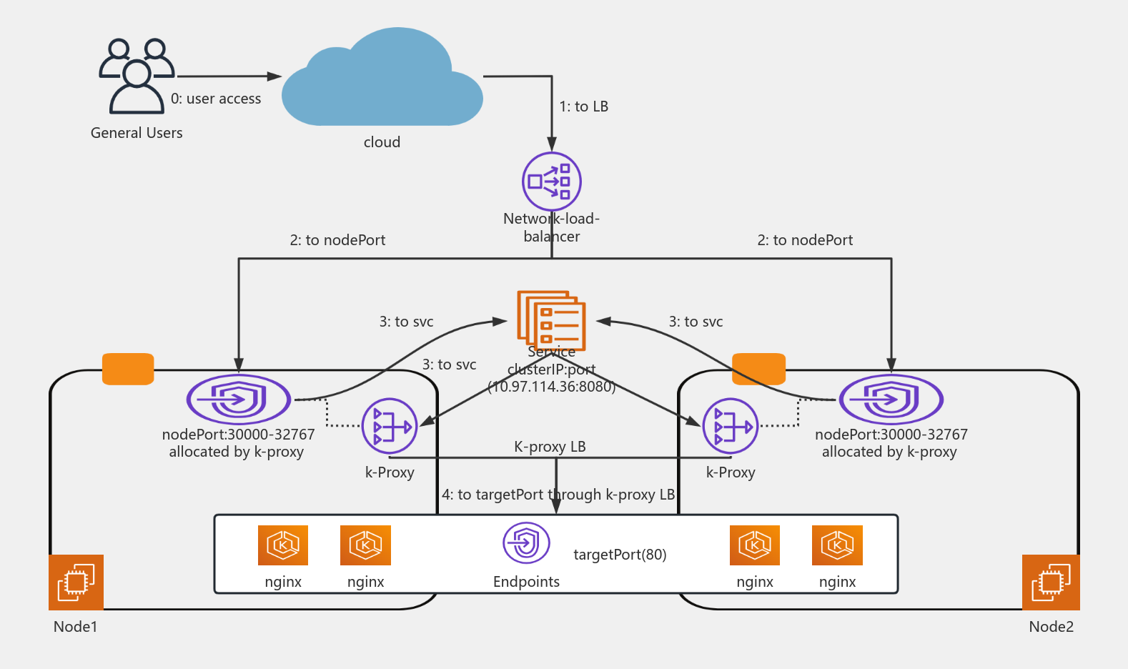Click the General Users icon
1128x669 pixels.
137,76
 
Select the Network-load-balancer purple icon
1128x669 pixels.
551,182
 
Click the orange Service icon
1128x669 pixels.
551,319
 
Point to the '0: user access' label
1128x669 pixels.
216,99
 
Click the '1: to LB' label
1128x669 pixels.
583,106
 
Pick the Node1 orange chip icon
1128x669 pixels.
76,582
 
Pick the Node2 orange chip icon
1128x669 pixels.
1051,582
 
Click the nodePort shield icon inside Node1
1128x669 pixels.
239,399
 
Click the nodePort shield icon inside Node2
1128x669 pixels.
891,399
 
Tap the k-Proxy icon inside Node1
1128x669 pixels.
390,427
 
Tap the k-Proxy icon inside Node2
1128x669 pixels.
731,427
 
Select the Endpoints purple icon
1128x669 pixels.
526,543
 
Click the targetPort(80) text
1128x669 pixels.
620,555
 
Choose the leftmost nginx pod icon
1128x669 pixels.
283,545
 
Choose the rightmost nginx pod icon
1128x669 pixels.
837,545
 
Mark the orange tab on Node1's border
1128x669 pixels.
128,369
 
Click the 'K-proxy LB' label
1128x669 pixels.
550,447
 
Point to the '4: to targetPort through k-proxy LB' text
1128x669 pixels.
558,495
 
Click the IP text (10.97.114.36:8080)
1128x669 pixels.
551,387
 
